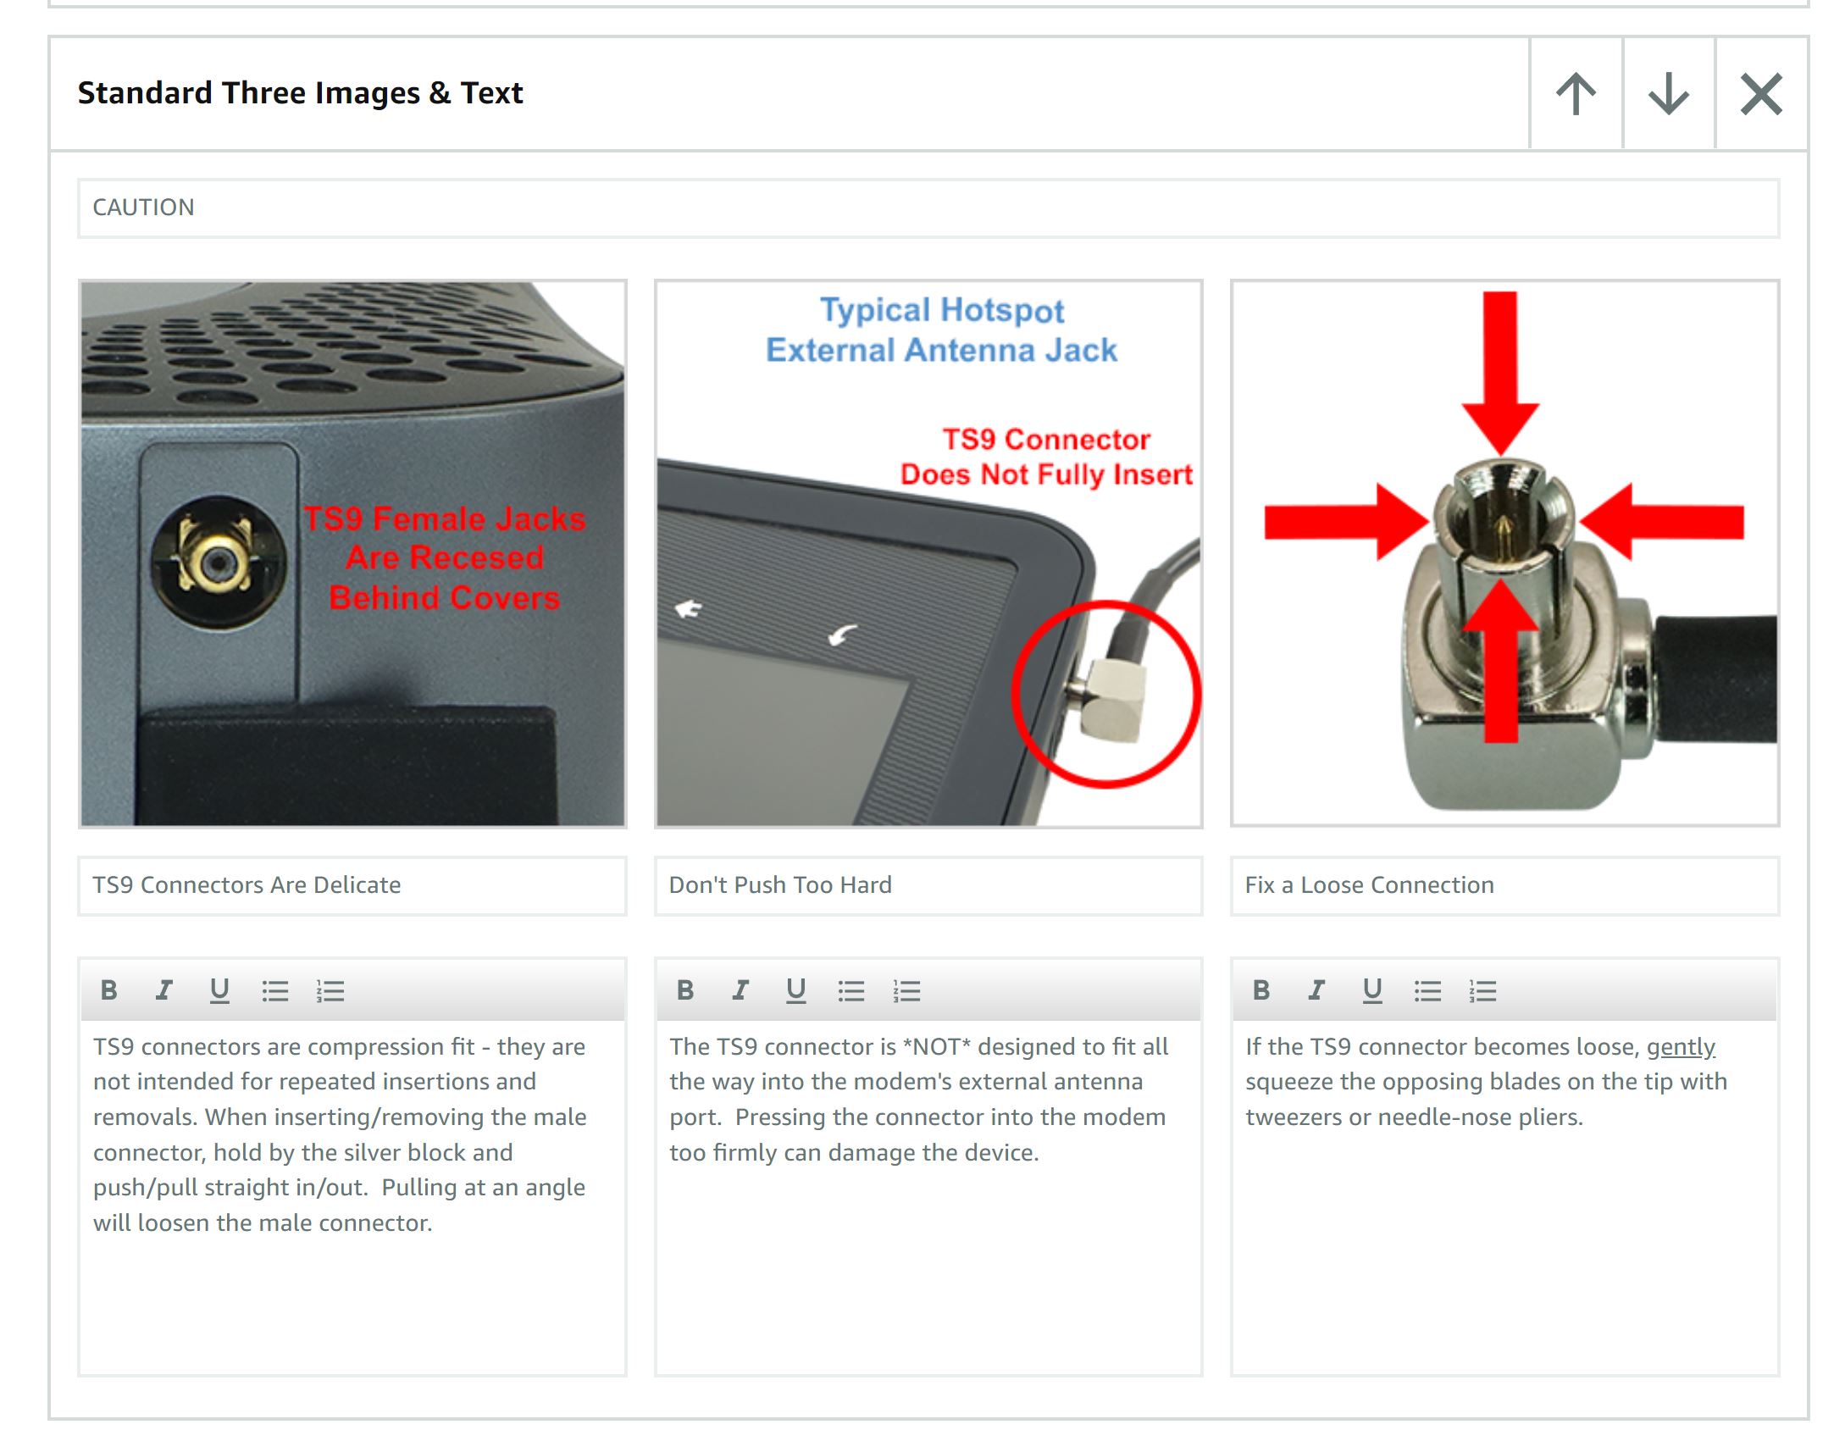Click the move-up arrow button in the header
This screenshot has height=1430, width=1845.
pos(1576,93)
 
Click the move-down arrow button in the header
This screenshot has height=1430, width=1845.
pos(1669,93)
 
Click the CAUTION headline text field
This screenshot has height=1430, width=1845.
pos(928,208)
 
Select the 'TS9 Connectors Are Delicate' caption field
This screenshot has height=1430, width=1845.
pos(352,885)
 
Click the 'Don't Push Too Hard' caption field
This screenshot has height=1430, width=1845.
pos(928,885)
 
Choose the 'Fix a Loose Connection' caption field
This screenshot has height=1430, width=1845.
pos(1504,885)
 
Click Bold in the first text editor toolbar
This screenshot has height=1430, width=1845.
pos(109,990)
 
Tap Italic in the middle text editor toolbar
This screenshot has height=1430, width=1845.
pos(740,990)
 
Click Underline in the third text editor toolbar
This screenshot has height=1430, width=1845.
pos(1372,990)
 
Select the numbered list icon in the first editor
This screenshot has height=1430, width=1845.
pos(330,990)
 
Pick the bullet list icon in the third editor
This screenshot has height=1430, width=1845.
pos(1427,990)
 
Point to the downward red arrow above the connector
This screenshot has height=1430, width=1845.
pos(1500,373)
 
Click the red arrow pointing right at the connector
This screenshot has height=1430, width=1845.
pos(1346,521)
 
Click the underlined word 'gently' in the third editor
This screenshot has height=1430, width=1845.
pos(1681,1047)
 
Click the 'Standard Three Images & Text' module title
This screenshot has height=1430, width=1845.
pos(300,93)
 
